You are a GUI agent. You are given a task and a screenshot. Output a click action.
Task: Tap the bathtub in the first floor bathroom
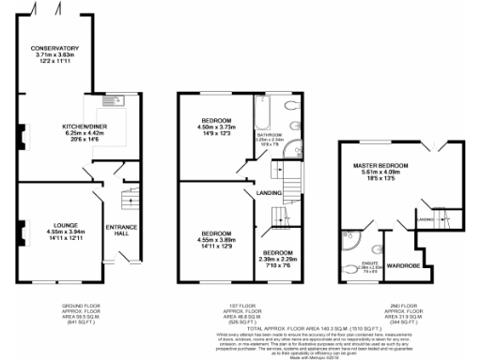tap(262, 118)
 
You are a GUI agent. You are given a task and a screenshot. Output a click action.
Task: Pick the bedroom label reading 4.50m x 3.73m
tap(216, 127)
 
